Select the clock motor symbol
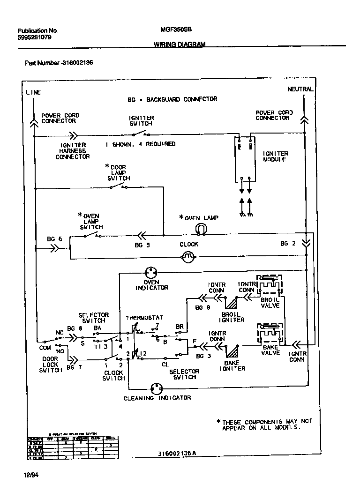click(187, 256)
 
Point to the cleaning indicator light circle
click(157, 388)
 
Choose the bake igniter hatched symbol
click(232, 351)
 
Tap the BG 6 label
click(54, 239)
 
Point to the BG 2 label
click(288, 244)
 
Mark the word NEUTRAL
click(300, 89)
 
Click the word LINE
click(33, 92)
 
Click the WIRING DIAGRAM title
click(180, 45)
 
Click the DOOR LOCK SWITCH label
click(51, 365)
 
